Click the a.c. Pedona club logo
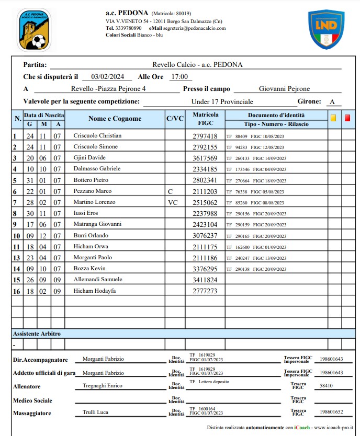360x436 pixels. [x=34, y=29]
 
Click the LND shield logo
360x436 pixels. [x=325, y=29]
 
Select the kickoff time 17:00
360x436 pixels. [x=178, y=76]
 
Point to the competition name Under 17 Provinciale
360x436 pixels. [x=222, y=101]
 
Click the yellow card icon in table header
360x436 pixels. [x=333, y=118]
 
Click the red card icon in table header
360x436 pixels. [x=347, y=118]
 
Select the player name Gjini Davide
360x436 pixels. [x=89, y=158]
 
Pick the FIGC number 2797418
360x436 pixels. [x=205, y=136]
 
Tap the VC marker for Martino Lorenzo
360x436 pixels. [x=173, y=202]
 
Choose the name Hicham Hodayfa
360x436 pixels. [x=94, y=291]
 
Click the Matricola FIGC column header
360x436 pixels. [x=205, y=119]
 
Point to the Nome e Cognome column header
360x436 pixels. [x=115, y=119]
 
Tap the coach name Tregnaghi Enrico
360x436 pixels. [x=103, y=386]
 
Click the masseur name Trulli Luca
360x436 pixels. [x=95, y=412]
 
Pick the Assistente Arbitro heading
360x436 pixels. [x=37, y=333]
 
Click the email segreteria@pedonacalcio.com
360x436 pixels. [x=194, y=28]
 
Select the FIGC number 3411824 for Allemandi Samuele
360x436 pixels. [x=205, y=280]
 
